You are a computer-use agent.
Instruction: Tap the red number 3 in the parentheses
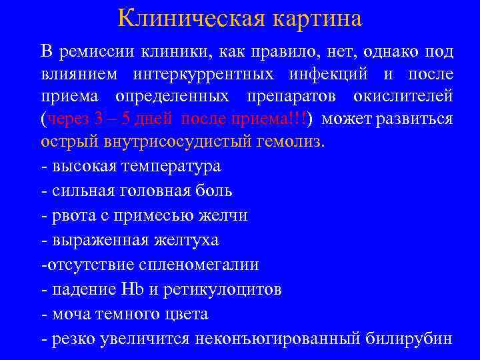99,119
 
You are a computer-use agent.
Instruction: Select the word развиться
417,119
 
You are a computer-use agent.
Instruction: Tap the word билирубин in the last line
409,338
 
